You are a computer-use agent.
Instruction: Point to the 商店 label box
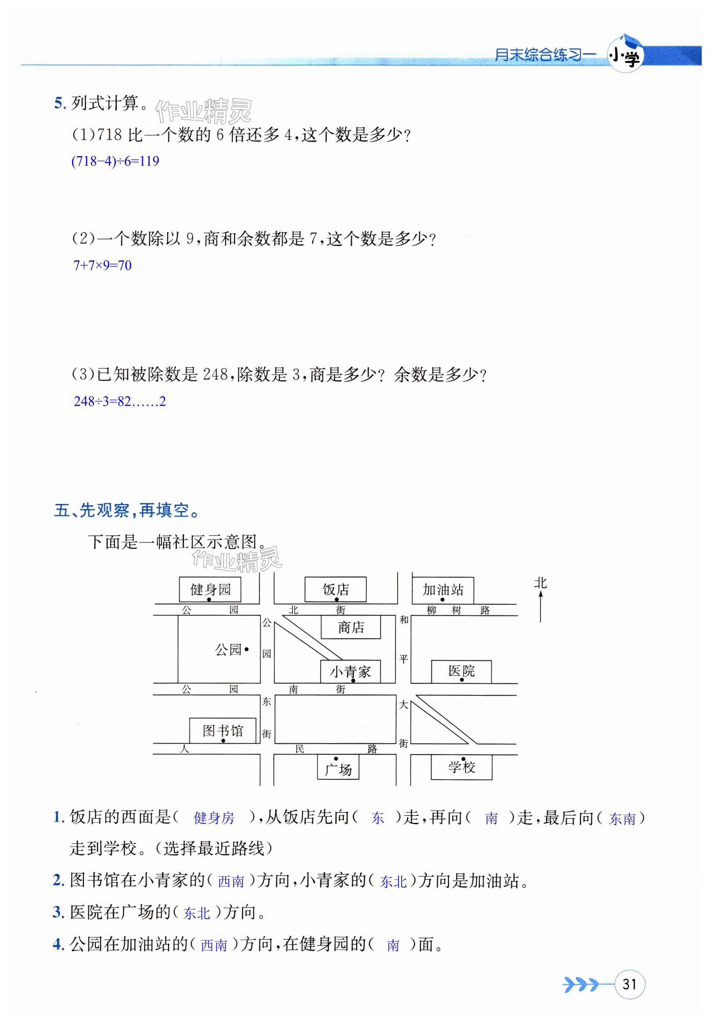(350, 627)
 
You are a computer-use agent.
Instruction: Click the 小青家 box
(350, 672)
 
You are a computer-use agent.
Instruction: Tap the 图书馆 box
(223, 730)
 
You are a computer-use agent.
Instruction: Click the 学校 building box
(461, 767)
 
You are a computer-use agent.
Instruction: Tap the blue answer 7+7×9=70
(102, 266)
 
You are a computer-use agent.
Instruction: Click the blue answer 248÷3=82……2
(119, 402)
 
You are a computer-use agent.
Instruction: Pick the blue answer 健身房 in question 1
(214, 818)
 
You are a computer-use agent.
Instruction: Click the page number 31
(629, 984)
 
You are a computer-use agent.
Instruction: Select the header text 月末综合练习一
(545, 55)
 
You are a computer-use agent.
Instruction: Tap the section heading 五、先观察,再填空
(127, 510)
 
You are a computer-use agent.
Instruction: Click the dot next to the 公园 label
(247, 649)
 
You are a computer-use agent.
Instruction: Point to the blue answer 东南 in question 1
(622, 818)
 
